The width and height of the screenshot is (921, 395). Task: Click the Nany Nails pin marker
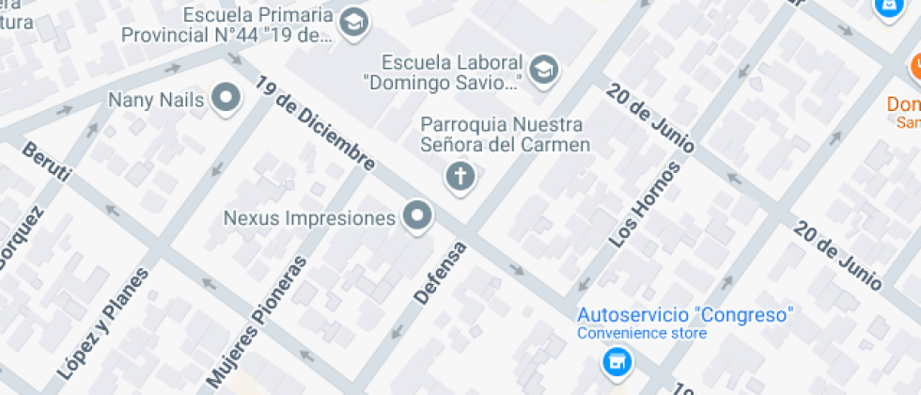pos(226,98)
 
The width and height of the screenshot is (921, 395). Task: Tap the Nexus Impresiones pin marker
pos(417,217)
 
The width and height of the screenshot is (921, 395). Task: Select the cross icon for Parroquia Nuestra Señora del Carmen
pos(460,176)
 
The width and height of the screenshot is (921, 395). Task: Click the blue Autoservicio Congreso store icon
pos(617,360)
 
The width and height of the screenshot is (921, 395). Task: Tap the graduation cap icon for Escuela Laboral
pos(543,69)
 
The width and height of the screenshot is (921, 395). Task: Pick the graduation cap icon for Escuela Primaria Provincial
pos(353,24)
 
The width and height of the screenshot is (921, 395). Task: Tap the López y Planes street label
pos(103,324)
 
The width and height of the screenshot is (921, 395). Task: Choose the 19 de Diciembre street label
pos(314,123)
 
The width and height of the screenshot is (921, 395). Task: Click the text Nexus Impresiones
pos(309,218)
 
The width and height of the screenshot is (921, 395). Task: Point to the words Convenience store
pos(642,333)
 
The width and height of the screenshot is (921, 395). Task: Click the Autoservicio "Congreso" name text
pos(686,314)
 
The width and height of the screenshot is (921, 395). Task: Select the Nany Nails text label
pos(156,99)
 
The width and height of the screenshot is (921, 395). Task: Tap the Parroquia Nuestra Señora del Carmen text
pos(505,134)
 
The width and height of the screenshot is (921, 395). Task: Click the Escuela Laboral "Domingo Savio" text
pos(453,72)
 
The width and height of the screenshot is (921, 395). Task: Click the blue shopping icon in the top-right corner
pos(887,6)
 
